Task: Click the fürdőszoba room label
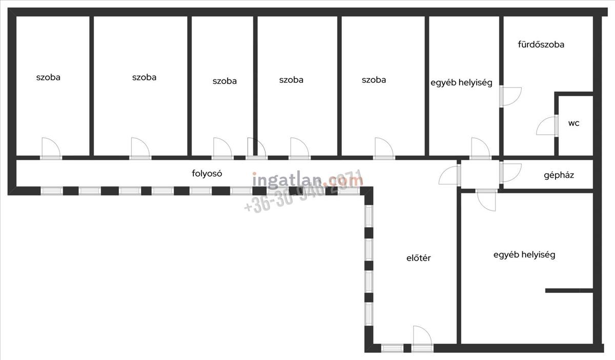541,45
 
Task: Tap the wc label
573,123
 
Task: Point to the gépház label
559,175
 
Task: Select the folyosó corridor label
207,173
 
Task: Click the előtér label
418,258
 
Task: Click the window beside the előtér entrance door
392,348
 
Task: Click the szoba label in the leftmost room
48,78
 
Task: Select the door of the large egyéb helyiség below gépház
486,199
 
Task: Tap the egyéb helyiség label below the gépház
524,255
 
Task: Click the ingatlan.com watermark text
307,180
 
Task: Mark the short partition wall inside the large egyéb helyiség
569,291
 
